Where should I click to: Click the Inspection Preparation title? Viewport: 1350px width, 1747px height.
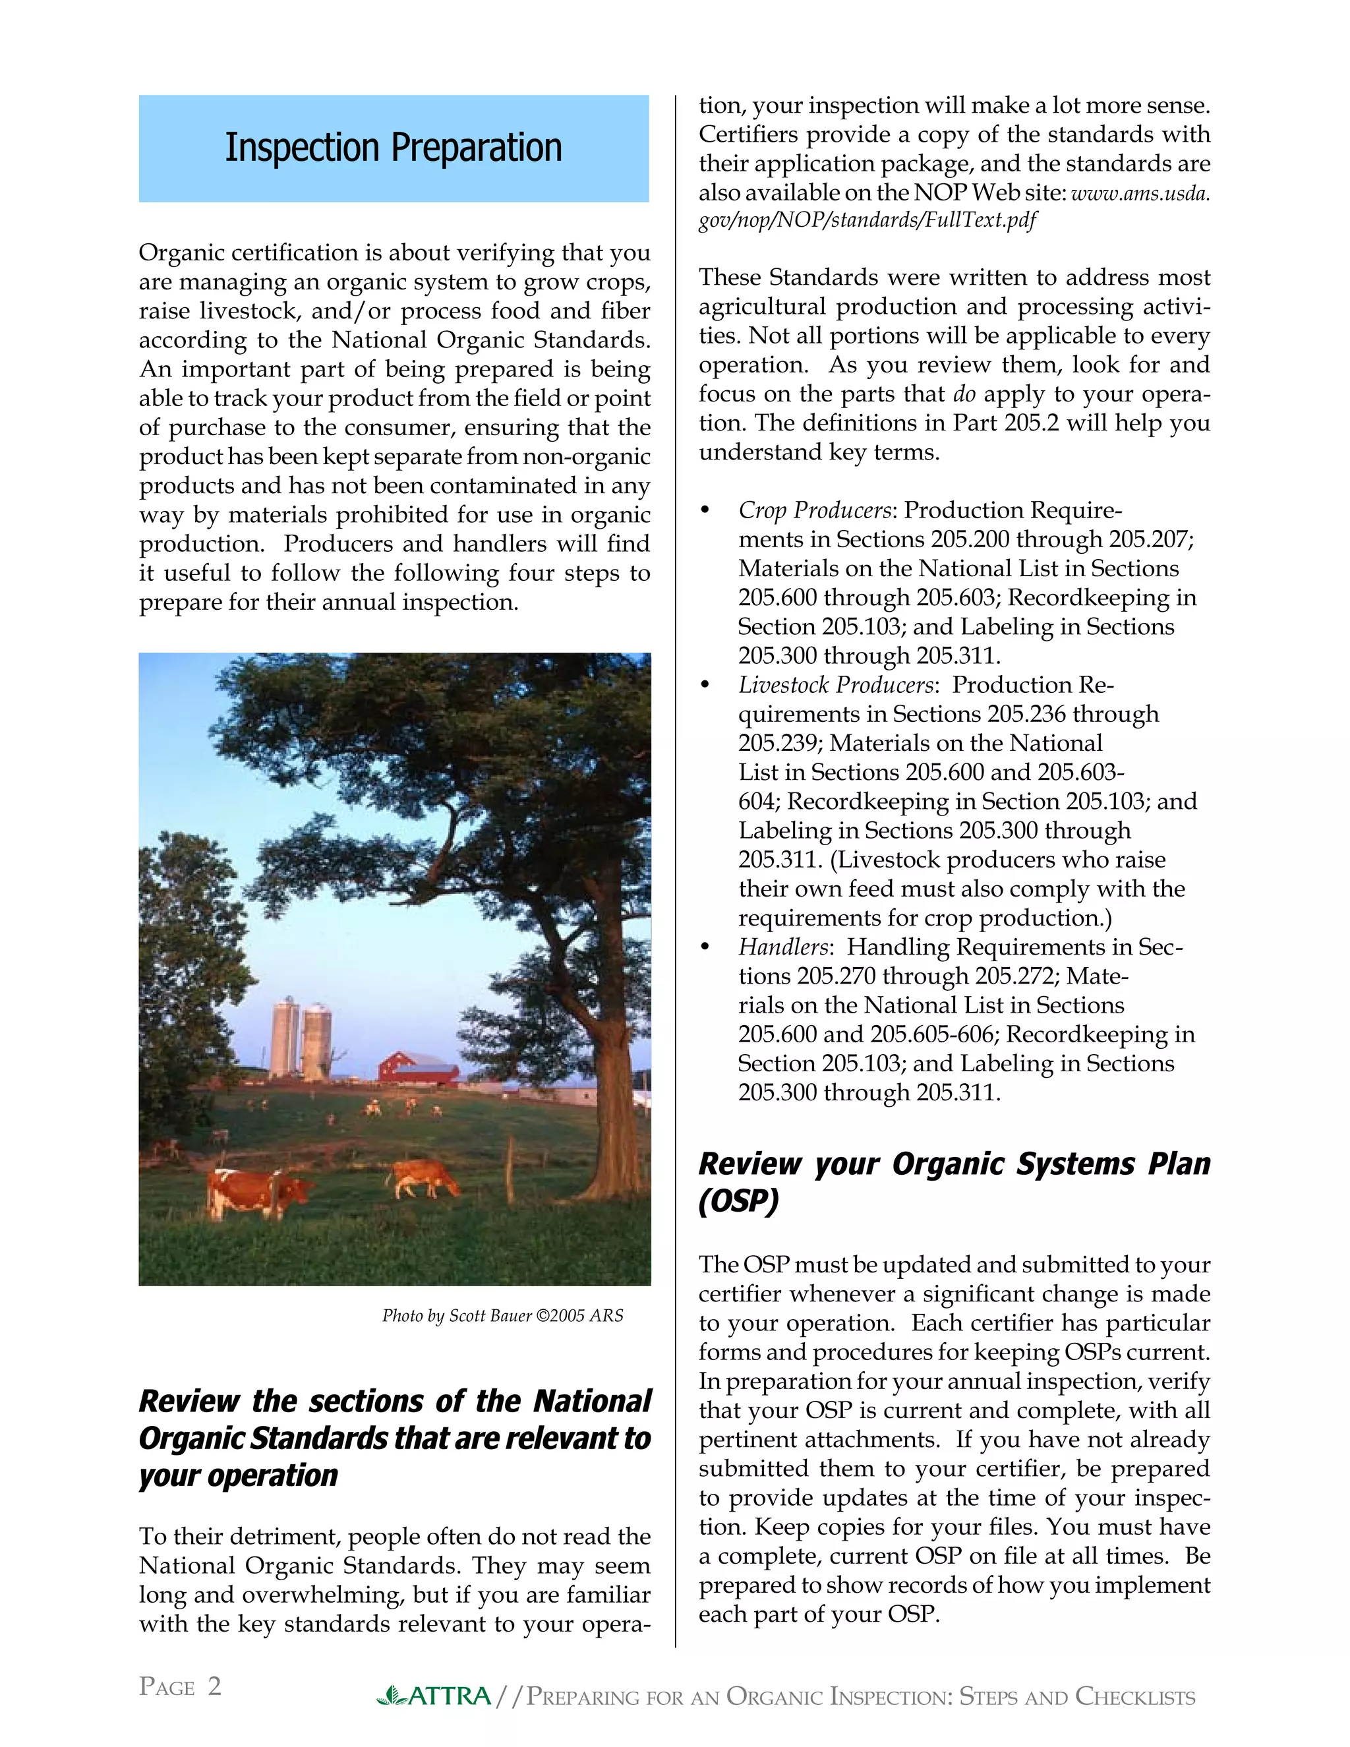393,148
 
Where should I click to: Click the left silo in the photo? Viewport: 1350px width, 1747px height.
284,1038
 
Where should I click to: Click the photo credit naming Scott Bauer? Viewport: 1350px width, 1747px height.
502,1316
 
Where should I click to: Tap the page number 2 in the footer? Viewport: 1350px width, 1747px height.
214,1686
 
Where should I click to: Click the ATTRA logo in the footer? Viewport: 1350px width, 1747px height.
434,1696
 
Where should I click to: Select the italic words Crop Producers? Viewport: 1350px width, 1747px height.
814,510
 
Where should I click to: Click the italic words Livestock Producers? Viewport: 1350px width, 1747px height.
836,685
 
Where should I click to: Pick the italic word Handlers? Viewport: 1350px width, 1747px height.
783,947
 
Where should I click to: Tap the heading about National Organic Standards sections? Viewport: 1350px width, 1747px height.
394,1438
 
